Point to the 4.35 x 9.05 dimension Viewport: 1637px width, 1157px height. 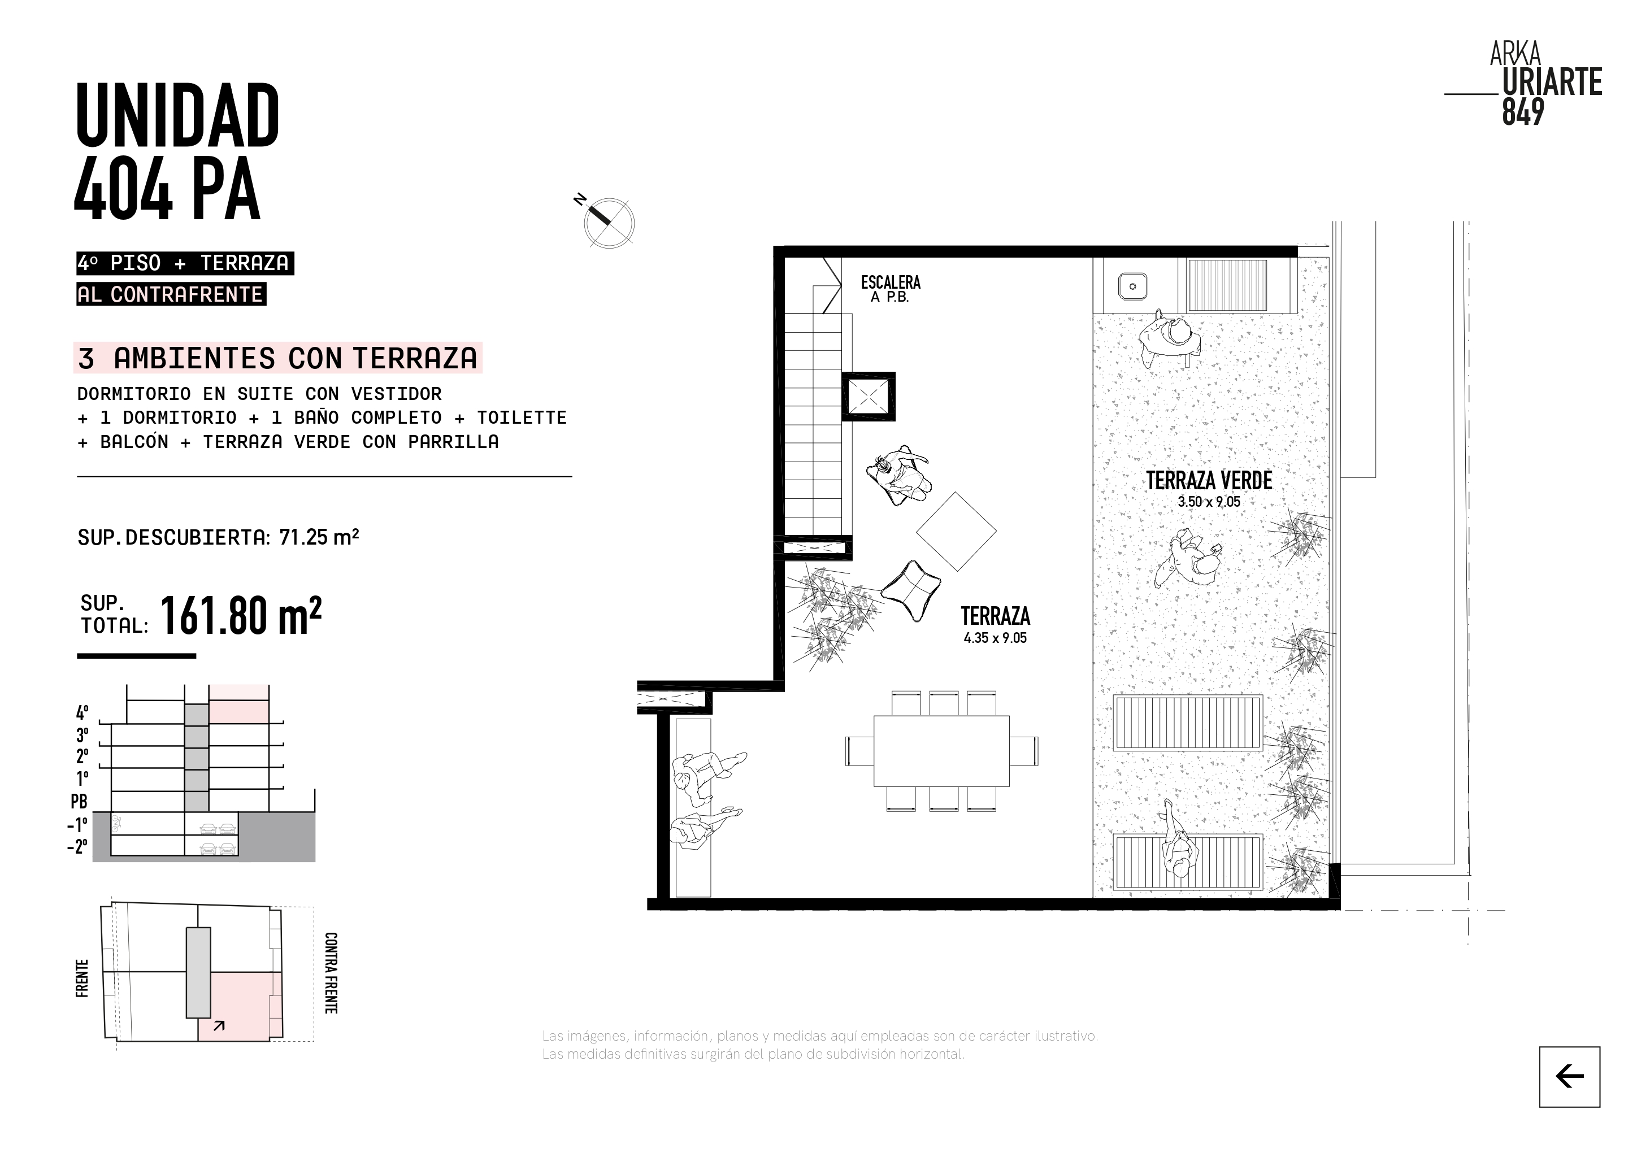coord(995,638)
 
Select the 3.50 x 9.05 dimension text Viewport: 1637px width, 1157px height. coord(1209,502)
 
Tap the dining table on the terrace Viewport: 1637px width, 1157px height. coord(941,751)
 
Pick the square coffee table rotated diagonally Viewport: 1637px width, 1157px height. coord(956,531)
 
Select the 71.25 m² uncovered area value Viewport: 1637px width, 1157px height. coord(319,537)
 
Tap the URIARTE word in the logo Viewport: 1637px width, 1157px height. coord(1552,82)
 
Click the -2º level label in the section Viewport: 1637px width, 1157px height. coord(77,846)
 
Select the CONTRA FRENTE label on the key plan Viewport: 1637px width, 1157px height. coord(331,972)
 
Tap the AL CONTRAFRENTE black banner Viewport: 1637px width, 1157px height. coord(171,294)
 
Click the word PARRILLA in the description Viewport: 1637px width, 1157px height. coord(453,442)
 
